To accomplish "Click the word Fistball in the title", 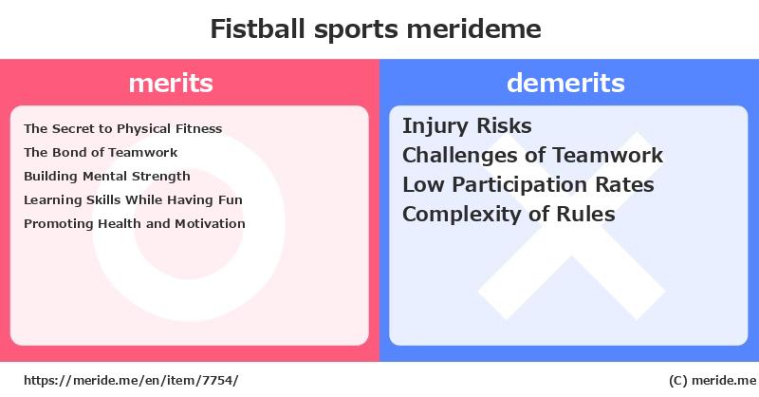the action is (258, 28).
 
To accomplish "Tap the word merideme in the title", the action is (473, 28).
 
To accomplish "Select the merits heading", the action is (171, 83).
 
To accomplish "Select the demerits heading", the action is (565, 83).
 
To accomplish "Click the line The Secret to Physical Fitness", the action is (123, 128).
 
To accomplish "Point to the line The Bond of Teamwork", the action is (101, 152).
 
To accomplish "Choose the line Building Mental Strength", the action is (107, 176).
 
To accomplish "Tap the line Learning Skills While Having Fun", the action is (133, 199).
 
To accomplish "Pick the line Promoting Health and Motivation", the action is (135, 223).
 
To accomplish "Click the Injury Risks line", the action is (467, 126).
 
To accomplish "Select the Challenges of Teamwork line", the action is (533, 155).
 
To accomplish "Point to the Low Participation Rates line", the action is (528, 184).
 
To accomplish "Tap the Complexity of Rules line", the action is (509, 215).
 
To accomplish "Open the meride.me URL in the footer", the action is (131, 381).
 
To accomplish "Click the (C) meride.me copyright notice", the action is (713, 381).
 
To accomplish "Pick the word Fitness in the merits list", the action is (199, 128).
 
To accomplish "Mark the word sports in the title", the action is (357, 30).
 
